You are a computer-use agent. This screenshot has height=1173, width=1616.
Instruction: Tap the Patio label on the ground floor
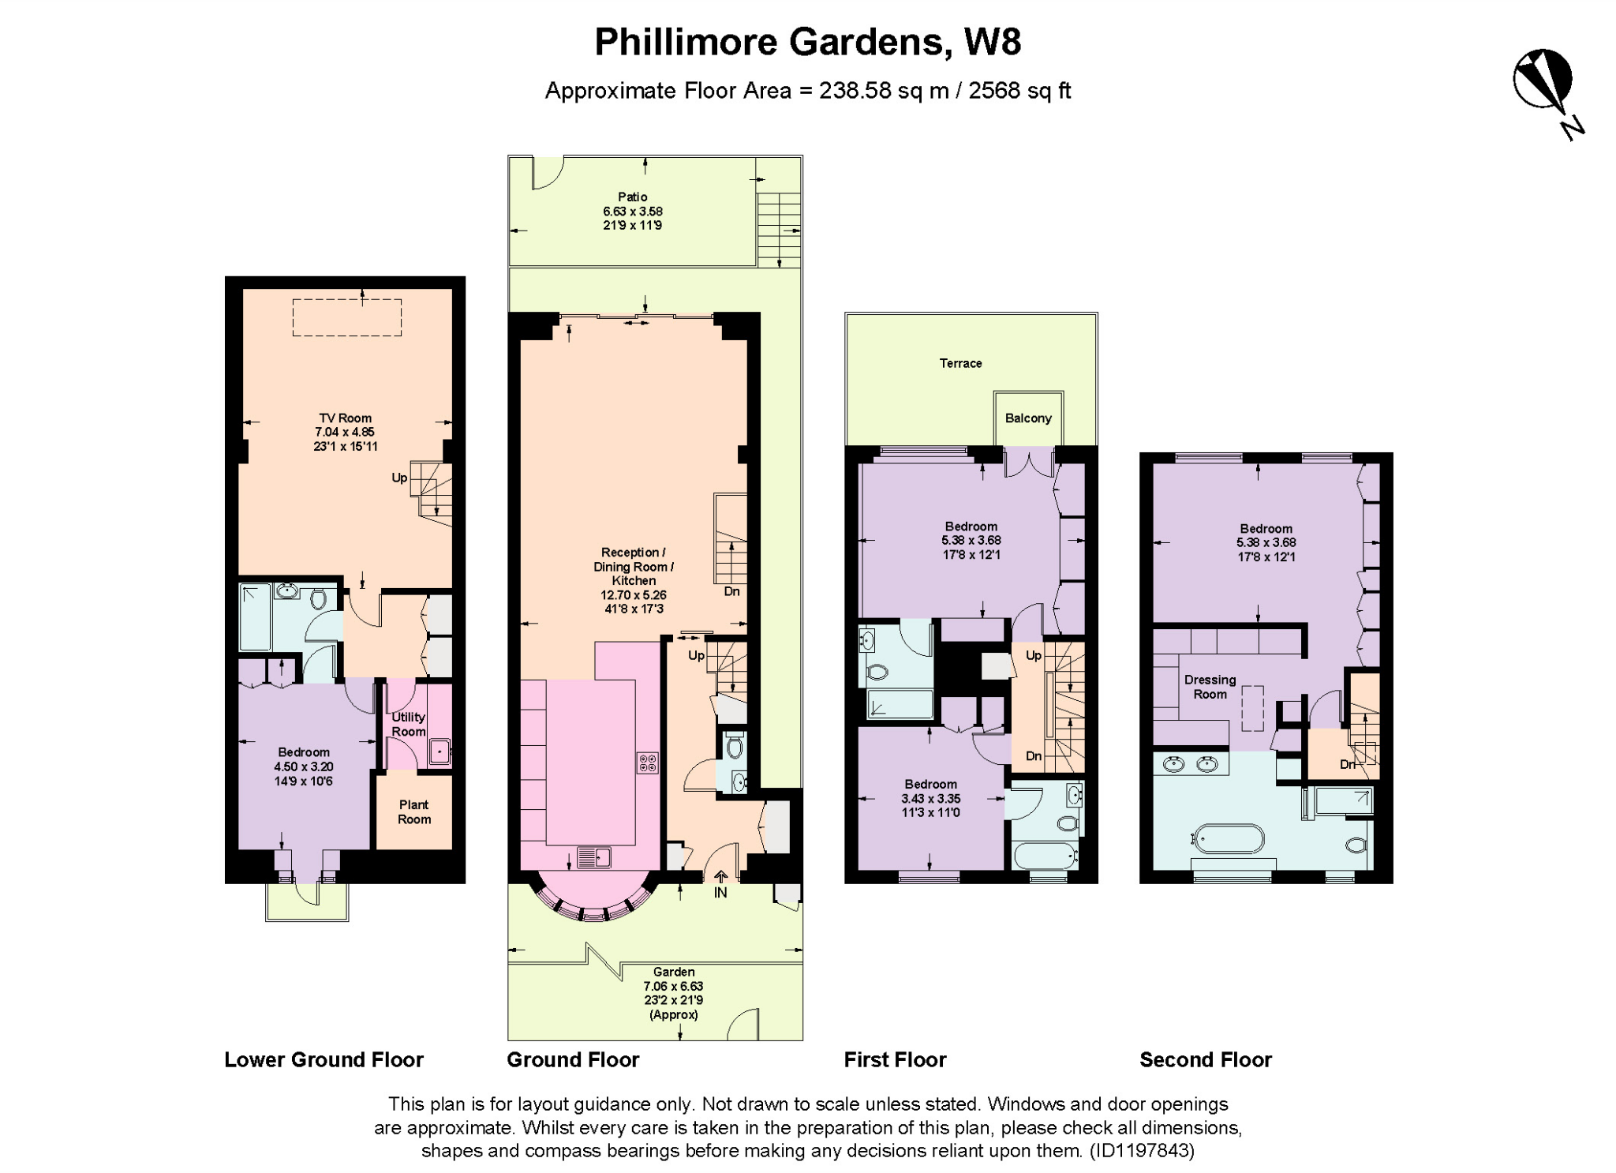(632, 197)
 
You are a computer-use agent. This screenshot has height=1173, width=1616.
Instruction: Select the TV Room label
(345, 418)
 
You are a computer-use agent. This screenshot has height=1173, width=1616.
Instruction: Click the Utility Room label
(408, 724)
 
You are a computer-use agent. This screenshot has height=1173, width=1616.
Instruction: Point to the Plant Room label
(413, 811)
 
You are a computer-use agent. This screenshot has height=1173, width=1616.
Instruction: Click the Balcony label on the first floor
(1027, 418)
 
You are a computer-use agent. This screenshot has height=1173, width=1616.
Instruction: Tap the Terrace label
(960, 363)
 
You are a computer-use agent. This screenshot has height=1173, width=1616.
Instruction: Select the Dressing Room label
(1210, 687)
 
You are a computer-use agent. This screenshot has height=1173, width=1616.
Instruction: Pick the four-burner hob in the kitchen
(648, 763)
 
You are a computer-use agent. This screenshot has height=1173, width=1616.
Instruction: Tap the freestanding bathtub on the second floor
(1229, 839)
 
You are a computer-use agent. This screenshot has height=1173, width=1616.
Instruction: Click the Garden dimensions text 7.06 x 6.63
(673, 986)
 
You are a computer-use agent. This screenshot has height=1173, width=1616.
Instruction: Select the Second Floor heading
(1205, 1059)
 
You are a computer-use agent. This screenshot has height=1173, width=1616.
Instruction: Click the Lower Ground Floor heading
(324, 1059)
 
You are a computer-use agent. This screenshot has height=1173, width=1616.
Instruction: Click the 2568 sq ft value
(1019, 91)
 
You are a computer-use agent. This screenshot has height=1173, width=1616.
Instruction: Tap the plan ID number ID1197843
(1142, 1150)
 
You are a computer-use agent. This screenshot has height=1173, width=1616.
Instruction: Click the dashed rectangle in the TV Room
(347, 317)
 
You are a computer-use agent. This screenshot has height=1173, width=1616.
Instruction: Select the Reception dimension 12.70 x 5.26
(633, 595)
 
